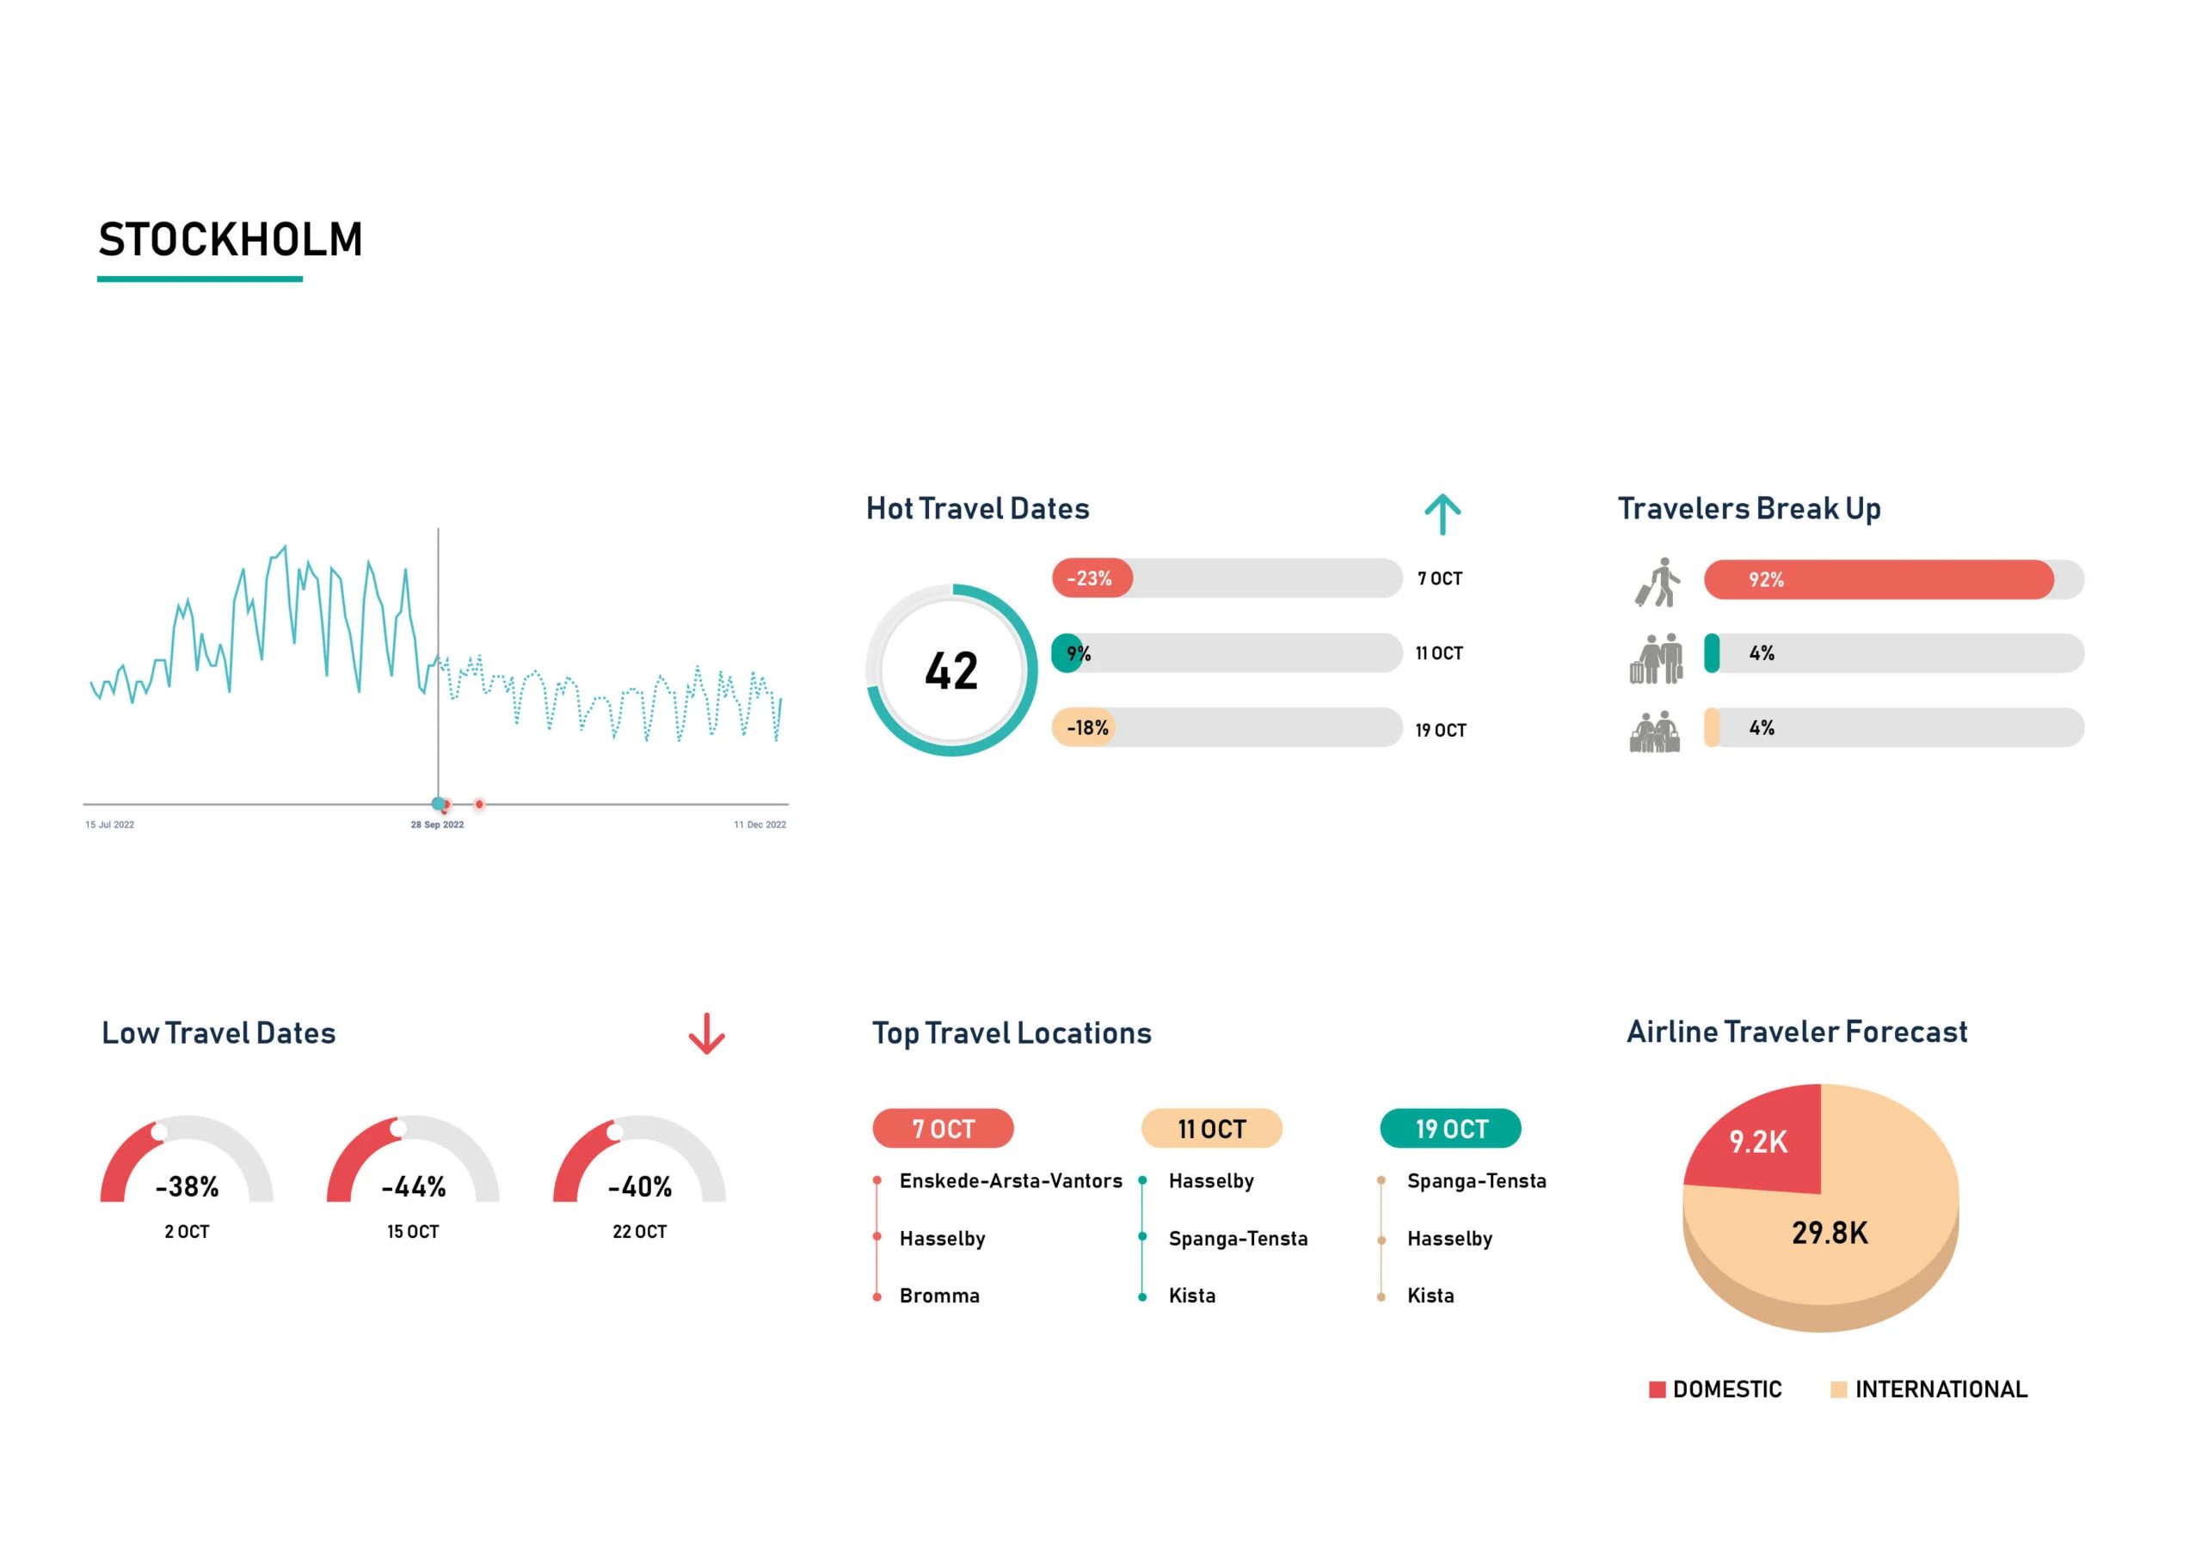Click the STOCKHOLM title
point(231,240)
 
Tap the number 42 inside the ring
point(951,671)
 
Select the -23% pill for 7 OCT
point(1092,578)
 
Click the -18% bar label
point(1086,727)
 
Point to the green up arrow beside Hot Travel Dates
point(1442,514)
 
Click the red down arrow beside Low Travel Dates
point(707,1033)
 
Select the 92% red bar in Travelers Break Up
point(1877,579)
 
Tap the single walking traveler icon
point(1658,582)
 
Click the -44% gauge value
point(414,1187)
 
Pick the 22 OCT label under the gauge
point(639,1232)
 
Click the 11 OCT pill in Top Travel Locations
point(1211,1129)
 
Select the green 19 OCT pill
point(1450,1129)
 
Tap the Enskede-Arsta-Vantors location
point(1010,1181)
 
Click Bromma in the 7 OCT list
point(939,1296)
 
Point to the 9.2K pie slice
point(1758,1142)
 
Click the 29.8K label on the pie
point(1829,1233)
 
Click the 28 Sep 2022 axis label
point(437,824)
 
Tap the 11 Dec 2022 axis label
point(760,824)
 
